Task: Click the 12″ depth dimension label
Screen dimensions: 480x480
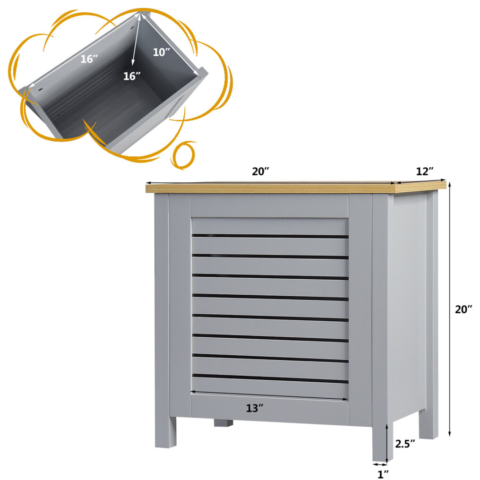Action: [425, 171]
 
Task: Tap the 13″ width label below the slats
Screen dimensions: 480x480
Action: [255, 408]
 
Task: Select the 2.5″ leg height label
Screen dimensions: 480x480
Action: [405, 444]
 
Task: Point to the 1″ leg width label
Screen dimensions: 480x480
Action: [383, 474]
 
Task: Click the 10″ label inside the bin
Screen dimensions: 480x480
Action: [161, 52]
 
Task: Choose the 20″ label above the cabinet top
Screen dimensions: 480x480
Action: [260, 171]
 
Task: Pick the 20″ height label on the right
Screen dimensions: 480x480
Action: [463, 309]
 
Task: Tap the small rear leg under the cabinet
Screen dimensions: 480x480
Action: [223, 423]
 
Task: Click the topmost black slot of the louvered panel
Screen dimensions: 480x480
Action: [270, 236]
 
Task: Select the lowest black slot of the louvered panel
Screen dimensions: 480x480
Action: [270, 378]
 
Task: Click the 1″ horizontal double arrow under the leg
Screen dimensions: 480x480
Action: [380, 465]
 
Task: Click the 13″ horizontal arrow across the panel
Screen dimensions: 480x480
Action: [269, 395]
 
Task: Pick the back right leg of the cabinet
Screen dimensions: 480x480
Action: [429, 424]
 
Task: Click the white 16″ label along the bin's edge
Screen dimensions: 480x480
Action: [89, 59]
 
